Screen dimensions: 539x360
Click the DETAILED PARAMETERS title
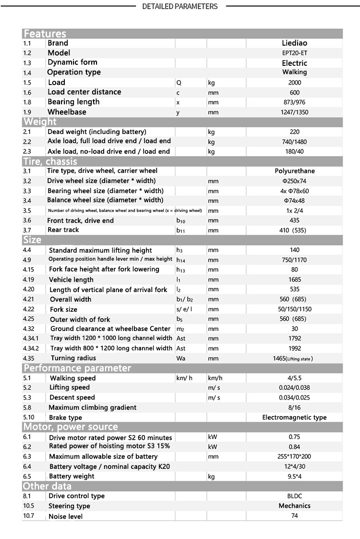pyautogui.click(x=180, y=6)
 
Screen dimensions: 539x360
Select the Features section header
pyautogui.click(x=45, y=34)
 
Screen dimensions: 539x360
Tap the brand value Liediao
pyautogui.click(x=294, y=43)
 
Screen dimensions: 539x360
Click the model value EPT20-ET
pyautogui.click(x=294, y=53)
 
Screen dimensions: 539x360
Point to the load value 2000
pyautogui.click(x=294, y=82)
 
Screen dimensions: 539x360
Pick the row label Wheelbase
pyautogui.click(x=67, y=112)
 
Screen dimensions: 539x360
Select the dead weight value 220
pyautogui.click(x=294, y=132)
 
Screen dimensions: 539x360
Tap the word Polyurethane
pyautogui.click(x=295, y=171)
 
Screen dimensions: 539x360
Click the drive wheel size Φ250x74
pyautogui.click(x=295, y=181)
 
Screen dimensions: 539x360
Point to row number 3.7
pyautogui.click(x=27, y=230)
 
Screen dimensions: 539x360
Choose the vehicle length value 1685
pyautogui.click(x=295, y=279)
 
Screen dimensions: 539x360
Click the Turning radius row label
pyautogui.click(x=73, y=358)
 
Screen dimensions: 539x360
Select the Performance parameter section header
pyautogui.click(x=77, y=368)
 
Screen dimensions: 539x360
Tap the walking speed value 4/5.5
pyautogui.click(x=295, y=378)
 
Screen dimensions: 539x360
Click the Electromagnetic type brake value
pyautogui.click(x=294, y=417)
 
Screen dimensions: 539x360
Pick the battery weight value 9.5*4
pyautogui.click(x=295, y=476)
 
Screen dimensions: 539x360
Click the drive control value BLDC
pyautogui.click(x=295, y=496)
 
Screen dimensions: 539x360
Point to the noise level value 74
pyautogui.click(x=295, y=515)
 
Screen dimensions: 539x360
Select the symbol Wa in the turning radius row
pyautogui.click(x=180, y=358)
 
